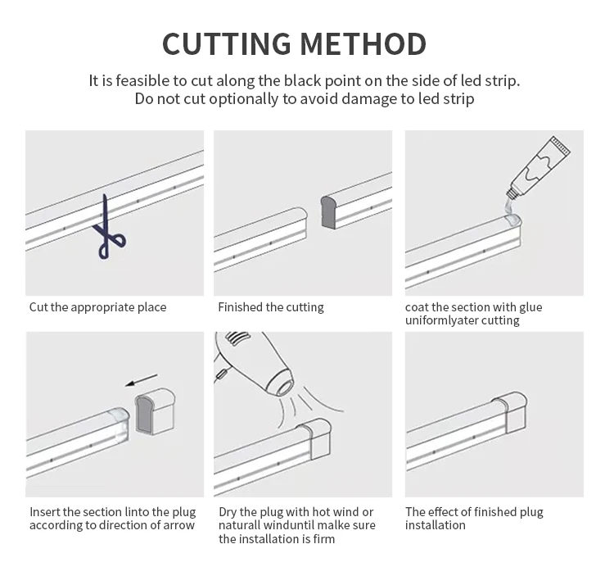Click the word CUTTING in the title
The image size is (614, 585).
pyautogui.click(x=226, y=43)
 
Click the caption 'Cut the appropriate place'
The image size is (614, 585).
pyautogui.click(x=97, y=307)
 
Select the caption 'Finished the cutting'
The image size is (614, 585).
pyautogui.click(x=270, y=307)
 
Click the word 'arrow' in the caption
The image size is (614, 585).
pyautogui.click(x=178, y=525)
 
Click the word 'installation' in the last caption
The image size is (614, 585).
pyautogui.click(x=436, y=525)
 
